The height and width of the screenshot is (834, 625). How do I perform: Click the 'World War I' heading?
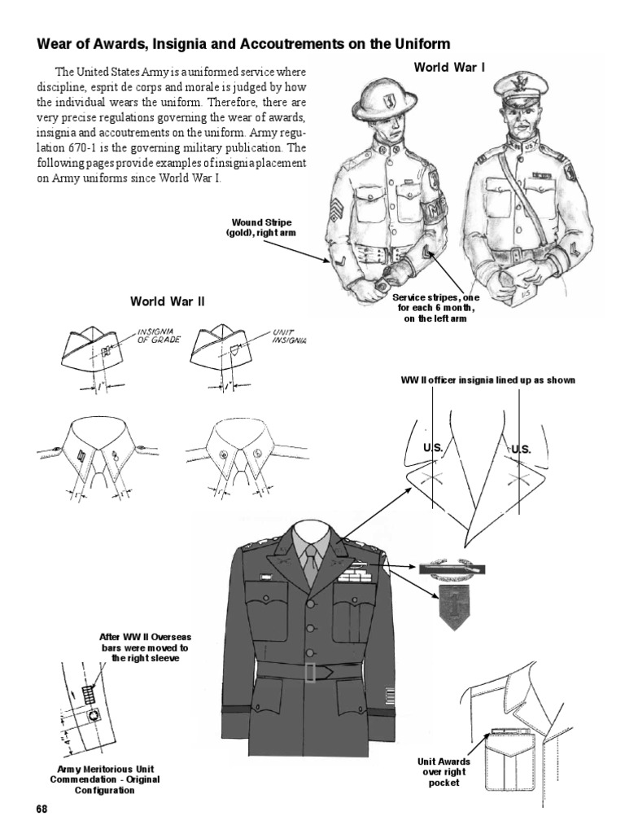(x=449, y=67)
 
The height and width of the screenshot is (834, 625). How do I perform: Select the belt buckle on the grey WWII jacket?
(x=310, y=672)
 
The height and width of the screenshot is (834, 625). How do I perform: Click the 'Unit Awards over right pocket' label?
(x=438, y=771)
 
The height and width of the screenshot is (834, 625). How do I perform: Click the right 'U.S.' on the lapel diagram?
(x=520, y=448)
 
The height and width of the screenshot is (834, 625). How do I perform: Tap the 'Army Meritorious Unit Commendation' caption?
(x=95, y=779)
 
